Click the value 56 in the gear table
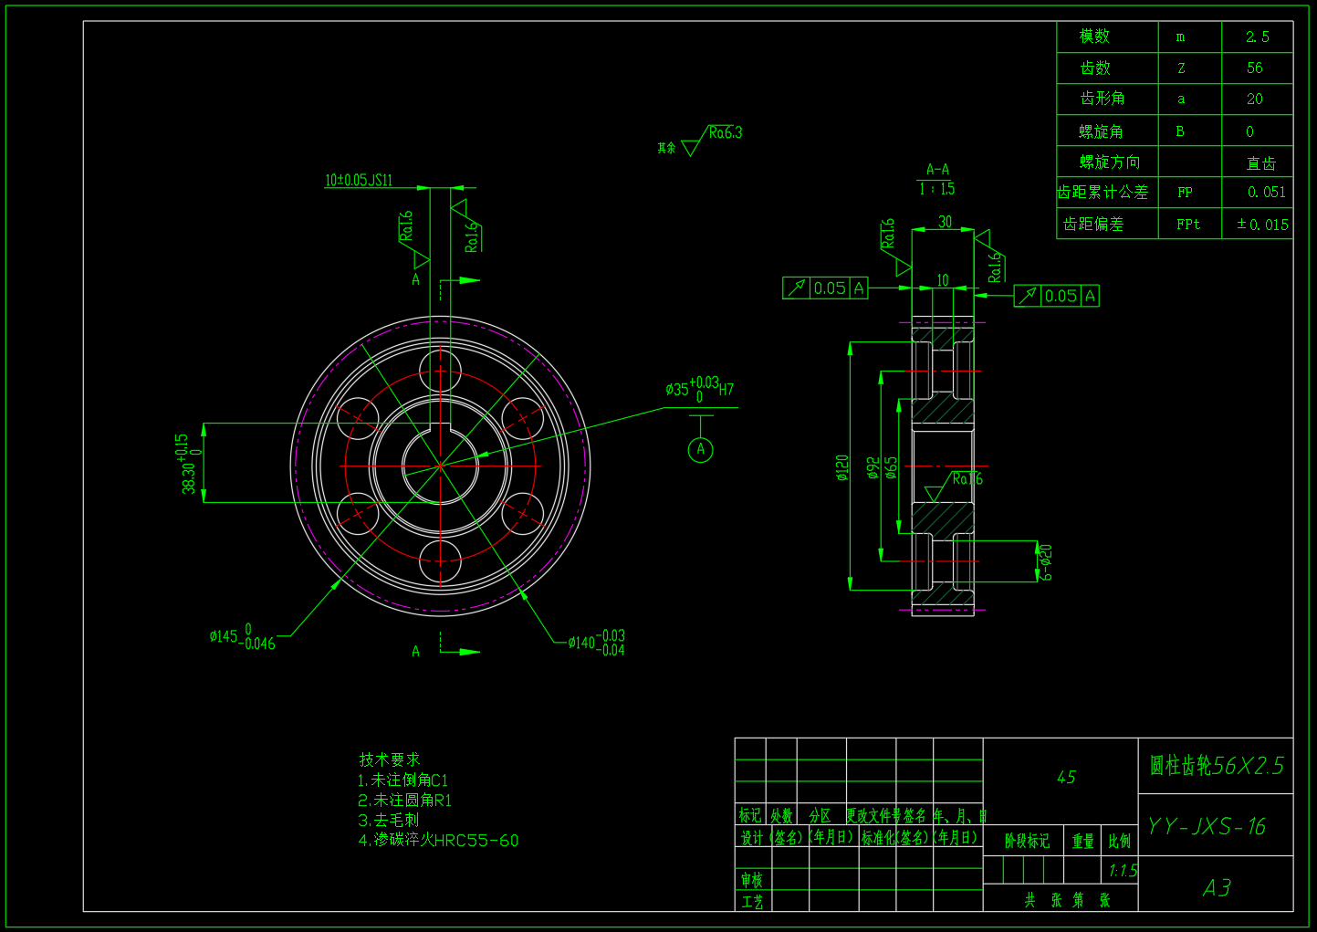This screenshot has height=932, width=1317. [x=1255, y=68]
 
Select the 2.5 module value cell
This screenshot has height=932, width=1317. [x=1257, y=37]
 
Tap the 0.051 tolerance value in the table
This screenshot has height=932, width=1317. [x=1266, y=192]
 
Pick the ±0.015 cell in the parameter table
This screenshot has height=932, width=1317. [x=1262, y=224]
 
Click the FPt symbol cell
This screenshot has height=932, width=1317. [x=1187, y=224]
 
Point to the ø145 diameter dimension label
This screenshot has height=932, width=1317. [x=242, y=637]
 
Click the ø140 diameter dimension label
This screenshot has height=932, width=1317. [x=596, y=643]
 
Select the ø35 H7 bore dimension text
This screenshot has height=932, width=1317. [x=699, y=389]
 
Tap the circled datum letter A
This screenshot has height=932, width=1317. [x=700, y=449]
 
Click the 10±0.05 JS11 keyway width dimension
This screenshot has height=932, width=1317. [x=359, y=180]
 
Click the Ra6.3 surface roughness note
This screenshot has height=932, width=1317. [x=725, y=133]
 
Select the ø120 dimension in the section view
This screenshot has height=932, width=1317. [x=841, y=467]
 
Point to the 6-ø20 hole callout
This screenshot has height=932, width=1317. [x=1046, y=561]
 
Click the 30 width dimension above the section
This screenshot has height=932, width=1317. [x=945, y=222]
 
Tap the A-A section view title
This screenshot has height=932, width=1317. [x=937, y=170]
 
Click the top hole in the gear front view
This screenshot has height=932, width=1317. [x=440, y=371]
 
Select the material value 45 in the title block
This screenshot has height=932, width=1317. [x=1065, y=777]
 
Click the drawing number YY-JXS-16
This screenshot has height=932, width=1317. [x=1206, y=826]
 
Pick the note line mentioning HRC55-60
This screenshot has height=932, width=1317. [x=438, y=840]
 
